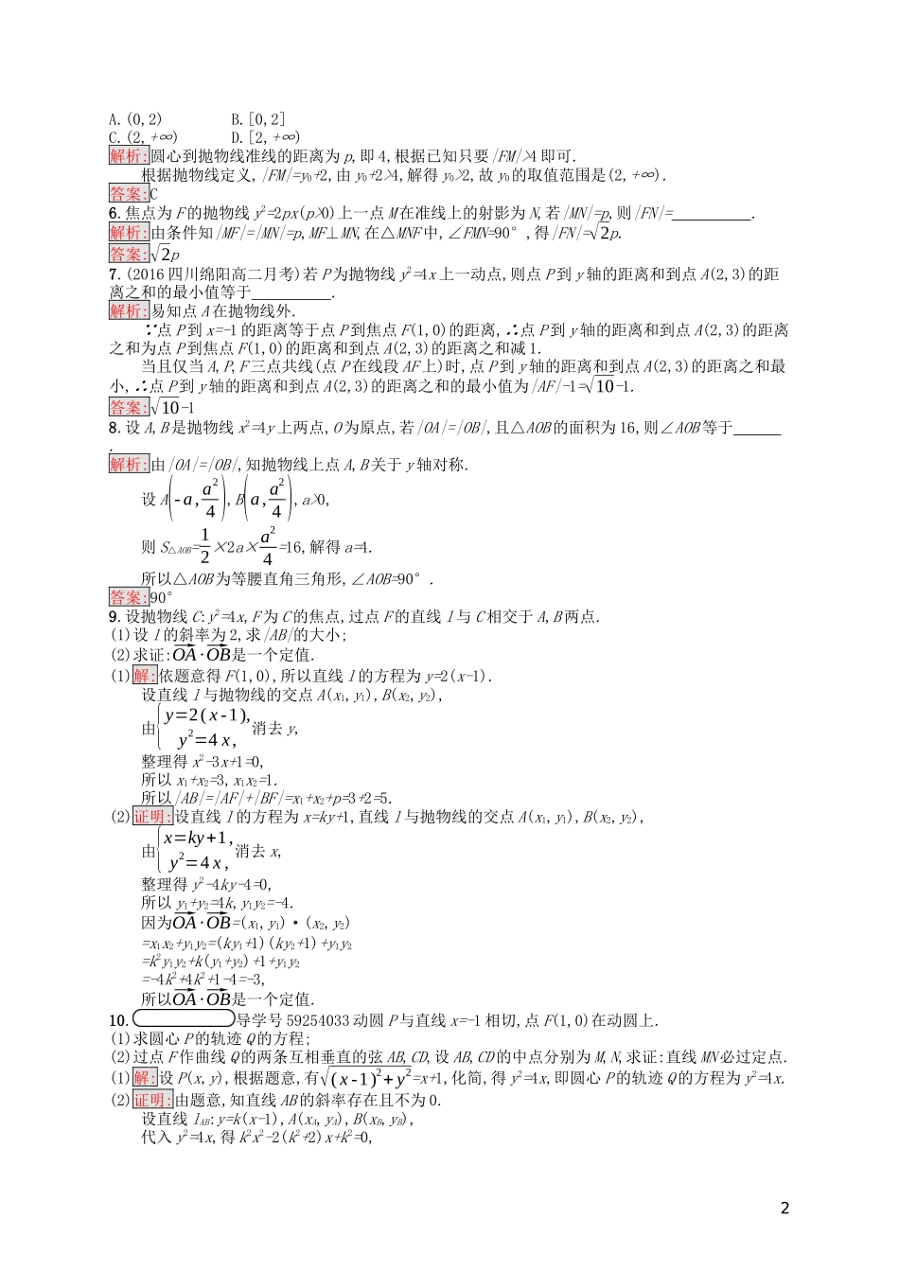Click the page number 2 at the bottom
(784, 1208)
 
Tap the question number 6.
(114, 214)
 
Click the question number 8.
(114, 428)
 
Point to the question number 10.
(117, 1020)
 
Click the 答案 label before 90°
(129, 597)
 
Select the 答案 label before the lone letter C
(129, 194)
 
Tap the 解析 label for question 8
(129, 465)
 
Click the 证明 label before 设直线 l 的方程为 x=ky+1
(152, 817)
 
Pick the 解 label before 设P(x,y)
(145, 1078)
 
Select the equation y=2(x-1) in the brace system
(206, 715)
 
